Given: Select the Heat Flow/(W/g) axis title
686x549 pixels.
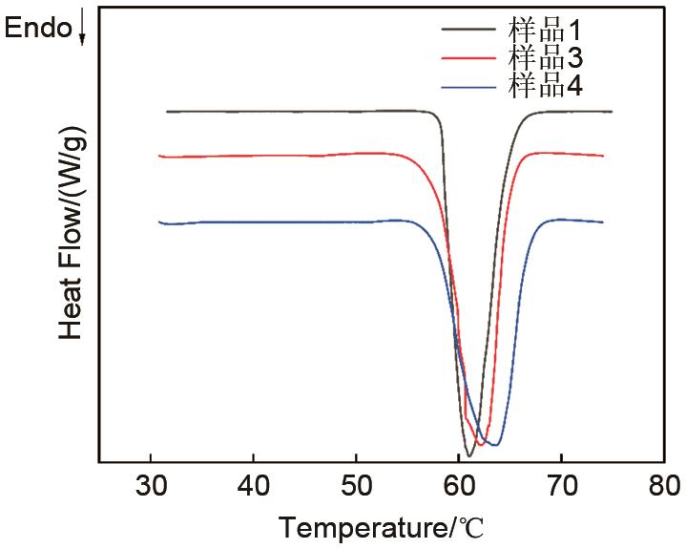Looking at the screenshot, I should (x=73, y=236).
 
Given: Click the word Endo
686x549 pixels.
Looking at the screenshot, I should (x=38, y=28).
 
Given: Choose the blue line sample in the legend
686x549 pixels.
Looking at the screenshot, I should (x=469, y=87).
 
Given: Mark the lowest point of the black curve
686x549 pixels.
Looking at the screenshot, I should (x=468, y=455).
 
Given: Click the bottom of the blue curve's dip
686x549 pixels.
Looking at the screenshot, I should (x=494, y=445).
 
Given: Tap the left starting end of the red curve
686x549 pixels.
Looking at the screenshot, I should (x=159, y=156).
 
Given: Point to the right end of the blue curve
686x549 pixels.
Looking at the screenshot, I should (x=603, y=222).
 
